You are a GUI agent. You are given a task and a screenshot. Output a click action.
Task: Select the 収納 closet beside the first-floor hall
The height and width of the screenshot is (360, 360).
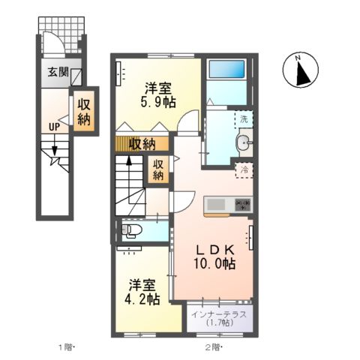84,112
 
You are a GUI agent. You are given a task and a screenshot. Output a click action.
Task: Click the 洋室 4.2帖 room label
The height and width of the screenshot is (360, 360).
142,292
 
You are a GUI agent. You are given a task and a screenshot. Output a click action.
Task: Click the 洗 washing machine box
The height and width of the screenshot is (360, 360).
244,118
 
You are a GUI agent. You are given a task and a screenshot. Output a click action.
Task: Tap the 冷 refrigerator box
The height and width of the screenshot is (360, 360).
244,170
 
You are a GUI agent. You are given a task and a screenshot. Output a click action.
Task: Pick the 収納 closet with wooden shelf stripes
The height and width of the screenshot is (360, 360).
136,143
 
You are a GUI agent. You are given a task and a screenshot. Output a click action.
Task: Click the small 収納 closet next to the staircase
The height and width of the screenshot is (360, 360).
159,169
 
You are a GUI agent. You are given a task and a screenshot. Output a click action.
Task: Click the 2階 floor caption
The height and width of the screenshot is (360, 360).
214,347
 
